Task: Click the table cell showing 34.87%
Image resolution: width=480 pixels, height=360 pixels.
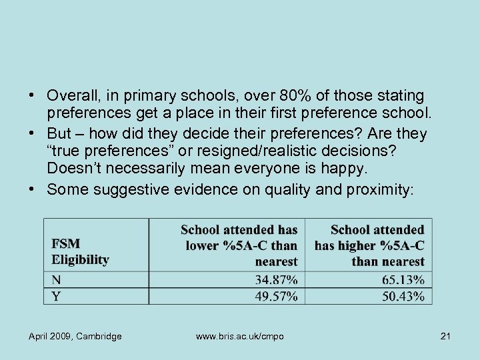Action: pos(276,279)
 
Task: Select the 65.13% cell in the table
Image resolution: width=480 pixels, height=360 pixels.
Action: pos(403,279)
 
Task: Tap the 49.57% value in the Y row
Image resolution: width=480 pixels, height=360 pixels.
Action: pos(276,296)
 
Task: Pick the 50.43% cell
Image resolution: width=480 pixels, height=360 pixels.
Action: pos(403,296)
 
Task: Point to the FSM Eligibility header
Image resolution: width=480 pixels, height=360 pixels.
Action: pos(80,251)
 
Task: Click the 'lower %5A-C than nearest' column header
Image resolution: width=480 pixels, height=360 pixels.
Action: pos(240,245)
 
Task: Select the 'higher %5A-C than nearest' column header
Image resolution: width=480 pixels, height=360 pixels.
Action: pos(370,245)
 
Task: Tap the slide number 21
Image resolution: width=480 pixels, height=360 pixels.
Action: pos(445,336)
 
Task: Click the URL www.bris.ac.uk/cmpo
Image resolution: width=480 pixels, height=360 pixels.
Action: pos(239,336)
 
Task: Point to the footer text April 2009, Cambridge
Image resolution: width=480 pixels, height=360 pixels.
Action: pos(75,336)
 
